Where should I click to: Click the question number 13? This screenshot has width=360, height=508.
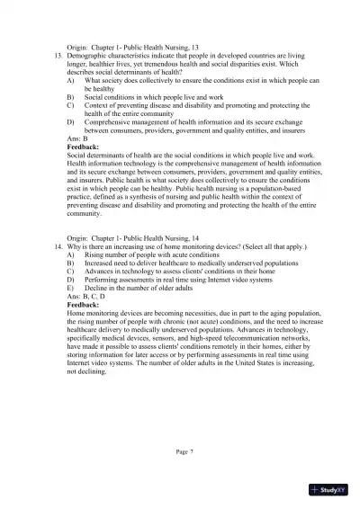click(58, 55)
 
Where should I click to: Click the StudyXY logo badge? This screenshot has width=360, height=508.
click(329, 491)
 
